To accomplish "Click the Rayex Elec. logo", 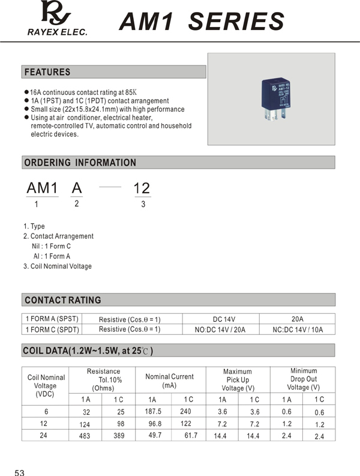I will pyautogui.click(x=56, y=18).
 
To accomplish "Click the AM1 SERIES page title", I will pyautogui.click(x=201, y=22).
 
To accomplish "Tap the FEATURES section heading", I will pyautogui.click(x=47, y=72).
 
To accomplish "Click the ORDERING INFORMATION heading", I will pyautogui.click(x=80, y=163).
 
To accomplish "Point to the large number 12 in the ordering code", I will pyautogui.click(x=142, y=188).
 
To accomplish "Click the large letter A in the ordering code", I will pyautogui.click(x=76, y=188).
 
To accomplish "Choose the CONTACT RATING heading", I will pyautogui.click(x=62, y=300).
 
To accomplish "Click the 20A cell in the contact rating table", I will pyautogui.click(x=297, y=319).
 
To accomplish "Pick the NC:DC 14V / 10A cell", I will pyautogui.click(x=297, y=330).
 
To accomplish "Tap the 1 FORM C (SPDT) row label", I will pyautogui.click(x=52, y=330).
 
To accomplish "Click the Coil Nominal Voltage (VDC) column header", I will pyautogui.click(x=46, y=385).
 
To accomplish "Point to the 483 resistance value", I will pyautogui.click(x=84, y=436).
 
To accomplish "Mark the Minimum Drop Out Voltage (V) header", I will pyautogui.click(x=303, y=379).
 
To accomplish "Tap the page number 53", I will pyautogui.click(x=20, y=473).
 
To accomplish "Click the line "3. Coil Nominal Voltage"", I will pyautogui.click(x=58, y=266).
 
